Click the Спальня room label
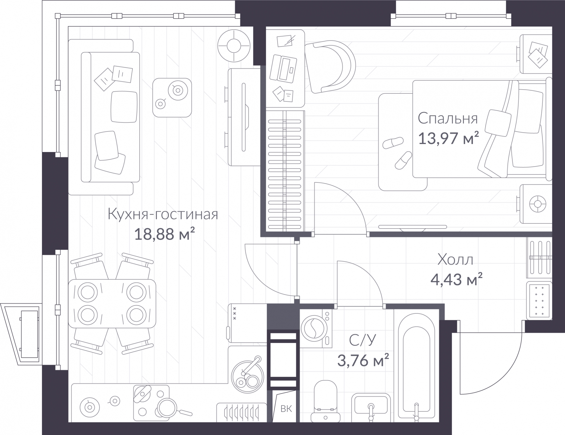[448, 119]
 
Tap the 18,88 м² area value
[164, 234]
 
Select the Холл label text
[455, 260]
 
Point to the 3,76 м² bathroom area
[363, 360]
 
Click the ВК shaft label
[286, 409]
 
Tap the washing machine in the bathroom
[316, 328]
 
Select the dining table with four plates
[112, 303]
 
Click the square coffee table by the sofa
[172, 97]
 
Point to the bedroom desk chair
[330, 66]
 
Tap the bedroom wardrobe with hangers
[285, 171]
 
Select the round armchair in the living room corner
[234, 46]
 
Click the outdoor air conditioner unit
[22, 334]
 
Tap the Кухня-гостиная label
[163, 215]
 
